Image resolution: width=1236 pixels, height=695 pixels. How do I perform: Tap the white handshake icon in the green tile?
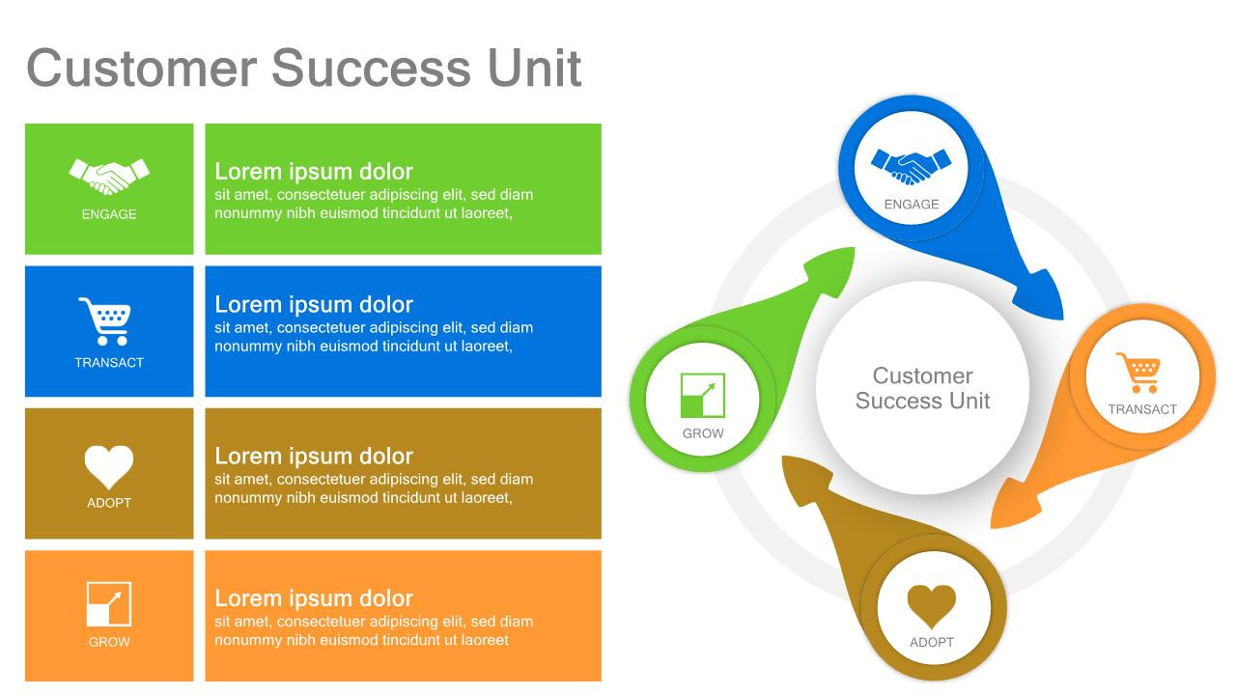pyautogui.click(x=109, y=176)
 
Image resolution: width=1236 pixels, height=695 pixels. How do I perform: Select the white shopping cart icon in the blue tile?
pyautogui.click(x=104, y=320)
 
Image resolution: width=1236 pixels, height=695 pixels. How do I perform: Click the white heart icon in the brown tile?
pyautogui.click(x=109, y=466)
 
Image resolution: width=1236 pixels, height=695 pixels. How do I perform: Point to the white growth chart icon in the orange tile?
pyautogui.click(x=109, y=604)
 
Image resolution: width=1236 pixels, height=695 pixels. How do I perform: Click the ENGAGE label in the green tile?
pyautogui.click(x=109, y=214)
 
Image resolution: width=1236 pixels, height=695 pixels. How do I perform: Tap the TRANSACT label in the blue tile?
pyautogui.click(x=109, y=363)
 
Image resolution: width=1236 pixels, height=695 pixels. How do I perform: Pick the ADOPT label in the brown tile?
pyautogui.click(x=109, y=503)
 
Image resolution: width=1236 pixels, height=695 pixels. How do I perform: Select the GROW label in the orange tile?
pyautogui.click(x=109, y=642)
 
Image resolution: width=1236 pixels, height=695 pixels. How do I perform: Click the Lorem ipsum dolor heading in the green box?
pyautogui.click(x=314, y=172)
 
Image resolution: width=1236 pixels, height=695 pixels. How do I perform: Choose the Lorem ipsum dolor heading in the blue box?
pyautogui.click(x=314, y=305)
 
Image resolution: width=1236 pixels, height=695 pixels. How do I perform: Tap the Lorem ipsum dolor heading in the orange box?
pyautogui.click(x=314, y=598)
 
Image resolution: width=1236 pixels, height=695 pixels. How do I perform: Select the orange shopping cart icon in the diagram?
pyautogui.click(x=1138, y=373)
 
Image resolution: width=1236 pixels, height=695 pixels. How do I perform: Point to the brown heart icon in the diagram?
pyautogui.click(x=932, y=606)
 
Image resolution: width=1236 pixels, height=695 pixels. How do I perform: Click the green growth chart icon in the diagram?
pyautogui.click(x=703, y=395)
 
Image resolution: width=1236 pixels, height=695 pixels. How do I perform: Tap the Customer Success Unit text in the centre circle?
pyautogui.click(x=922, y=388)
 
